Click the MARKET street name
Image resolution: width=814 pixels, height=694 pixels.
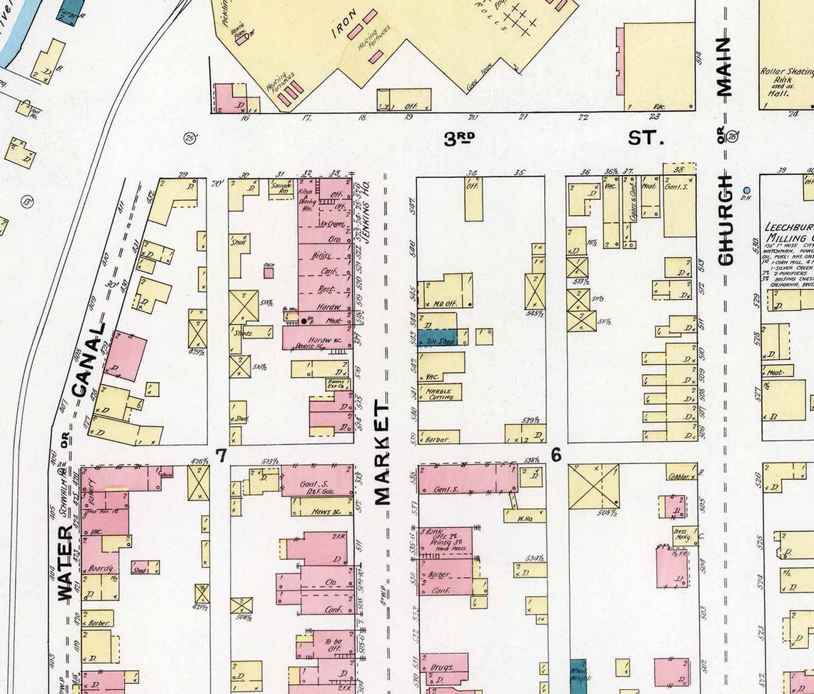point(383,453)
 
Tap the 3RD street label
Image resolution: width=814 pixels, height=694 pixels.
point(459,139)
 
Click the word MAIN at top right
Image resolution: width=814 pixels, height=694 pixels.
point(725,67)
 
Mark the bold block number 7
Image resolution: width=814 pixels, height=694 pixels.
point(222,455)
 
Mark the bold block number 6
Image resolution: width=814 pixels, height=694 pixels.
point(556,455)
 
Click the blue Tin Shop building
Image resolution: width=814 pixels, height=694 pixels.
point(437,339)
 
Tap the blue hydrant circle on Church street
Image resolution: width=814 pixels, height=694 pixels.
point(747,191)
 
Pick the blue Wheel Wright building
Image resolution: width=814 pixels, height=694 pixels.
point(578,675)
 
